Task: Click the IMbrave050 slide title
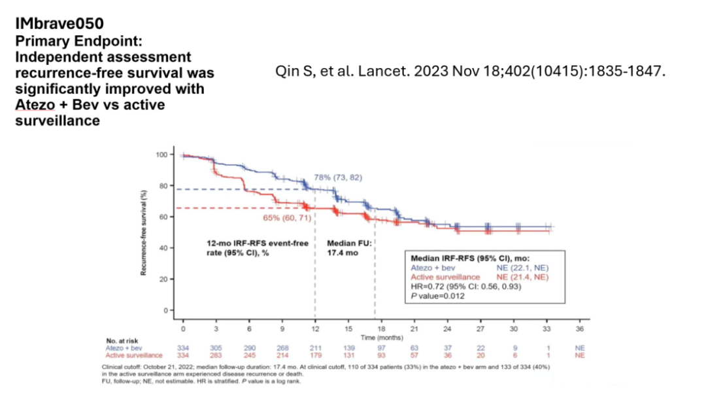[x=59, y=24]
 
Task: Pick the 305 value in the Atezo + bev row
[x=216, y=348]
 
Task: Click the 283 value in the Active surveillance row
[x=216, y=355]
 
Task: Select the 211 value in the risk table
[x=315, y=348]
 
